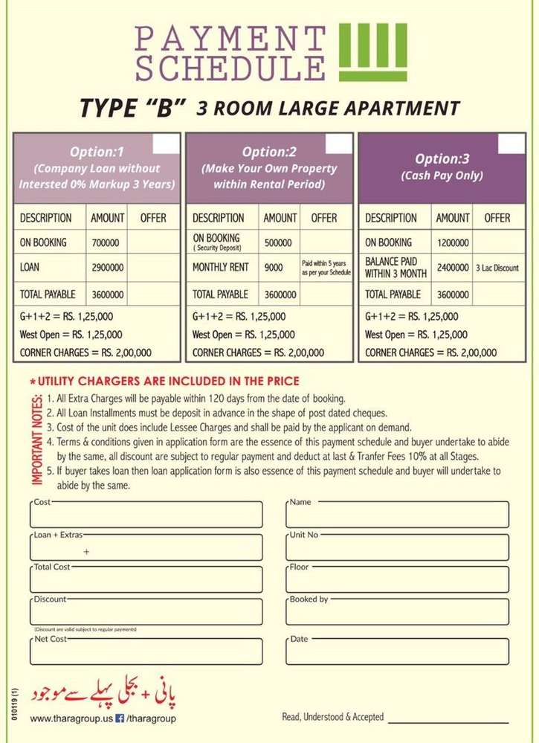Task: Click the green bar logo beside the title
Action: point(372,51)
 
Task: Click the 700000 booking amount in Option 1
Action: point(106,242)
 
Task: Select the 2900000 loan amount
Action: point(109,267)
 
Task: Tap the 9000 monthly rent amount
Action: point(273,267)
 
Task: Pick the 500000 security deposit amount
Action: point(278,242)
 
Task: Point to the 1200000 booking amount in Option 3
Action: point(452,242)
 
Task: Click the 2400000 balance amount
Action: point(452,267)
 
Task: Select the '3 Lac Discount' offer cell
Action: point(497,268)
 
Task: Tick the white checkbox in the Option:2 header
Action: point(339,144)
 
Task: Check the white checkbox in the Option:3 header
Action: point(511,144)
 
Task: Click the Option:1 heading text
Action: point(97,153)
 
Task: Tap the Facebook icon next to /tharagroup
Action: point(119,718)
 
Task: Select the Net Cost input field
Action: point(146,652)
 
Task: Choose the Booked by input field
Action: point(398,612)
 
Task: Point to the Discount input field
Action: point(146,612)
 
